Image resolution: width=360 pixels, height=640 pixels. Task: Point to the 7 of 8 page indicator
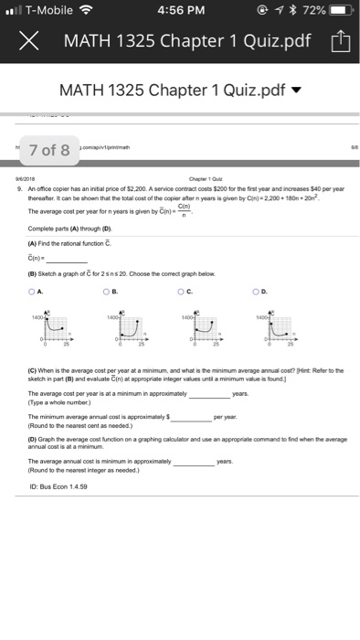point(49,150)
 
